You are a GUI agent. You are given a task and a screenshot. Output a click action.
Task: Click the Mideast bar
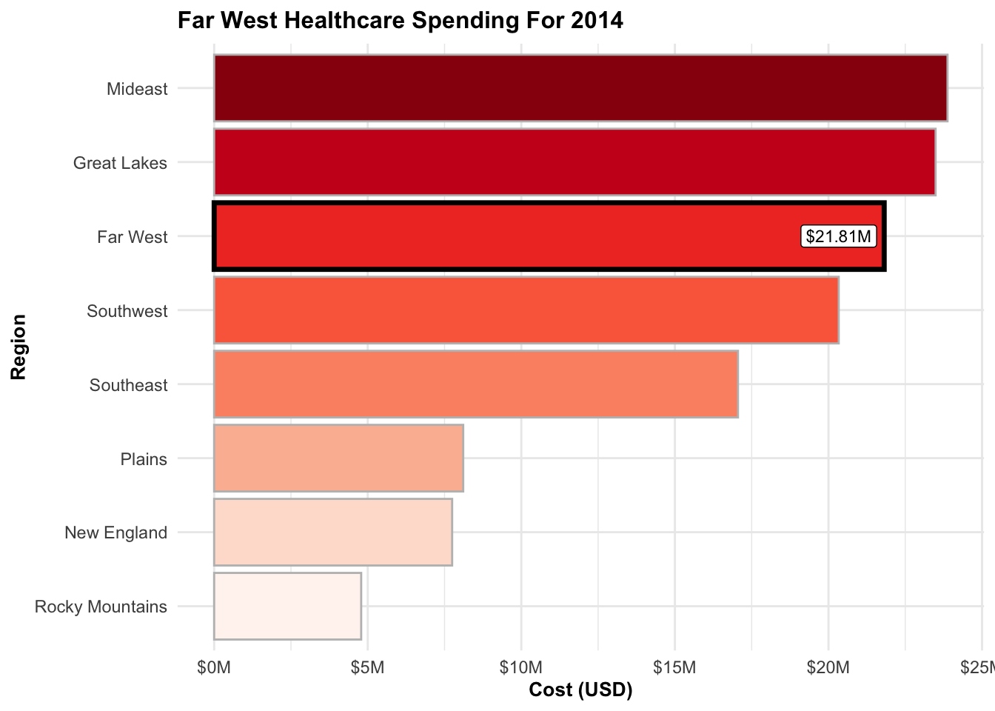580,88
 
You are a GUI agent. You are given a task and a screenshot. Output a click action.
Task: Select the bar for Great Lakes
574,162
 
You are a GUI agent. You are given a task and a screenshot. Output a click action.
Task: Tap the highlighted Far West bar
503,237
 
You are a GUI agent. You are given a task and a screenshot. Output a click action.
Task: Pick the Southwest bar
526,310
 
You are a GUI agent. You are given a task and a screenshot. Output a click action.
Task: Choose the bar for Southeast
476,384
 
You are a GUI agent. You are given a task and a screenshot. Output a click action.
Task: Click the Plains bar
338,458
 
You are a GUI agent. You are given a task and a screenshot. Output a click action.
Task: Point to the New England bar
333,533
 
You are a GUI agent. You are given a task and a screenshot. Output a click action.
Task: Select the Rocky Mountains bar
287,607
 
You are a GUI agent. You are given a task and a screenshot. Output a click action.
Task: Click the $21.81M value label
839,237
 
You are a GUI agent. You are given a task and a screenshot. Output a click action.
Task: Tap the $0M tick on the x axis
214,668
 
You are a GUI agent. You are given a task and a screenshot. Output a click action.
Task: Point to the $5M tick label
368,668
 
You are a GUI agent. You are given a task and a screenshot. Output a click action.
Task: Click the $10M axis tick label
521,668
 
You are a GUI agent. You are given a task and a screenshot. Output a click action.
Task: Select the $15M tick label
674,668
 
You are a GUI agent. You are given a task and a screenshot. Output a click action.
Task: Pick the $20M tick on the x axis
828,668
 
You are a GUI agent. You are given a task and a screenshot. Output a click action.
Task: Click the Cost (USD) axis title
580,690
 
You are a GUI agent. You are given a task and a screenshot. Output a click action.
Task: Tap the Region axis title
19,347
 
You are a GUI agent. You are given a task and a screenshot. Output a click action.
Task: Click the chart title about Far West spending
401,20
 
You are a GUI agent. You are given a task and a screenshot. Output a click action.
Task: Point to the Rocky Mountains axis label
101,607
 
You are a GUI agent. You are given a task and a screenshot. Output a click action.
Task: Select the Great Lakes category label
120,163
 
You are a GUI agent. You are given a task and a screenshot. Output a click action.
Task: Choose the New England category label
116,533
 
